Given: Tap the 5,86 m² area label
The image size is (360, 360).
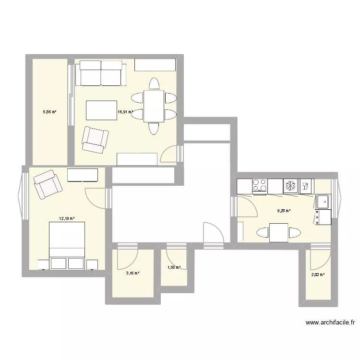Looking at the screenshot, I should point(50,112).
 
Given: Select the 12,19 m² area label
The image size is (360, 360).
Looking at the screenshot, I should point(67,218).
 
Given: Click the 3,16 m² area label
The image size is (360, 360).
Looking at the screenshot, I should point(132,273).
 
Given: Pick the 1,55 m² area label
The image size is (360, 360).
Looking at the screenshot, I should point(174,267).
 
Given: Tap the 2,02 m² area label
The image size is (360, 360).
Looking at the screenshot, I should point(318,275).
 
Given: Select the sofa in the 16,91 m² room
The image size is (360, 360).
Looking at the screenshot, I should point(101,73).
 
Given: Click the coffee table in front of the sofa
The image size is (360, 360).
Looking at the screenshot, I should point(101,109).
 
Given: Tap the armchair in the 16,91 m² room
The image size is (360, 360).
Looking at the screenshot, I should point(95,139).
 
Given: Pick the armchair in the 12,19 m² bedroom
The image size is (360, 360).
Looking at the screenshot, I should point(48,184).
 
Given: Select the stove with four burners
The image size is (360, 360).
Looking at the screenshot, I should point(260,185).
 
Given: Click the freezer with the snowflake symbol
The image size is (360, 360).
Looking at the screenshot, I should point(290,185).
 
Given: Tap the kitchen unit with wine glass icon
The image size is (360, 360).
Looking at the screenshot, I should point(305,185).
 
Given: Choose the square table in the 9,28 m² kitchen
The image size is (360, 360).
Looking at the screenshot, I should point(278,233).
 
